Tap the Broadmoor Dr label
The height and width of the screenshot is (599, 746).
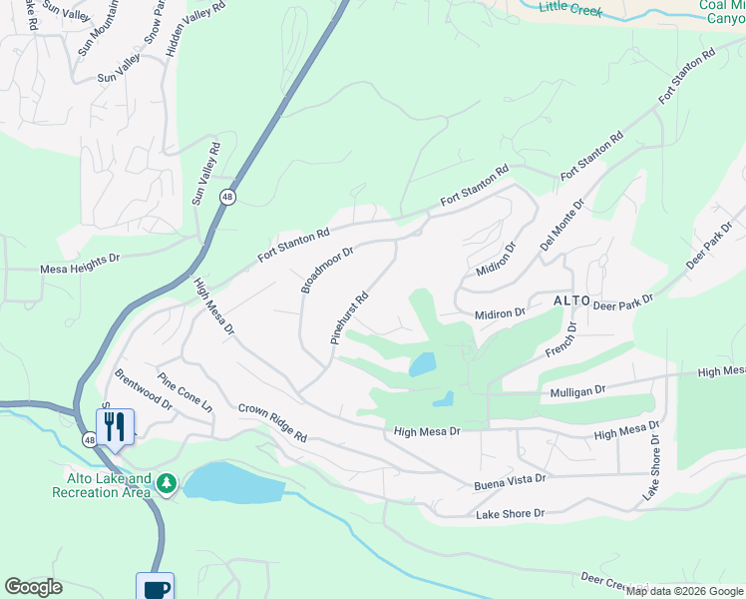pyautogui.click(x=328, y=271)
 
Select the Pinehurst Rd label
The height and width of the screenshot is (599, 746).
pyautogui.click(x=350, y=318)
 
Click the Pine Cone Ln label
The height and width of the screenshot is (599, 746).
pyautogui.click(x=186, y=394)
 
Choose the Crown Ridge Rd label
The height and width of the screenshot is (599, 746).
pyautogui.click(x=272, y=422)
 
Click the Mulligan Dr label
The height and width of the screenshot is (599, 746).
pyautogui.click(x=578, y=393)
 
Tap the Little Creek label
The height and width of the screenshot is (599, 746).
pyautogui.click(x=572, y=7)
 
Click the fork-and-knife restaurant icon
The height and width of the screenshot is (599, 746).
pyautogui.click(x=115, y=427)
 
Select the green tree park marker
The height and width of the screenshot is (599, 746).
pyautogui.click(x=167, y=484)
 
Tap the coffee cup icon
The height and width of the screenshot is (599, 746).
pyautogui.click(x=156, y=587)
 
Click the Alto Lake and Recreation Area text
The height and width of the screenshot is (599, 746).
pyautogui.click(x=102, y=485)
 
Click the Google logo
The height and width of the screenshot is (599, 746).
pyautogui.click(x=33, y=587)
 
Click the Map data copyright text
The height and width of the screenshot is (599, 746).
pyautogui.click(x=684, y=591)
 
